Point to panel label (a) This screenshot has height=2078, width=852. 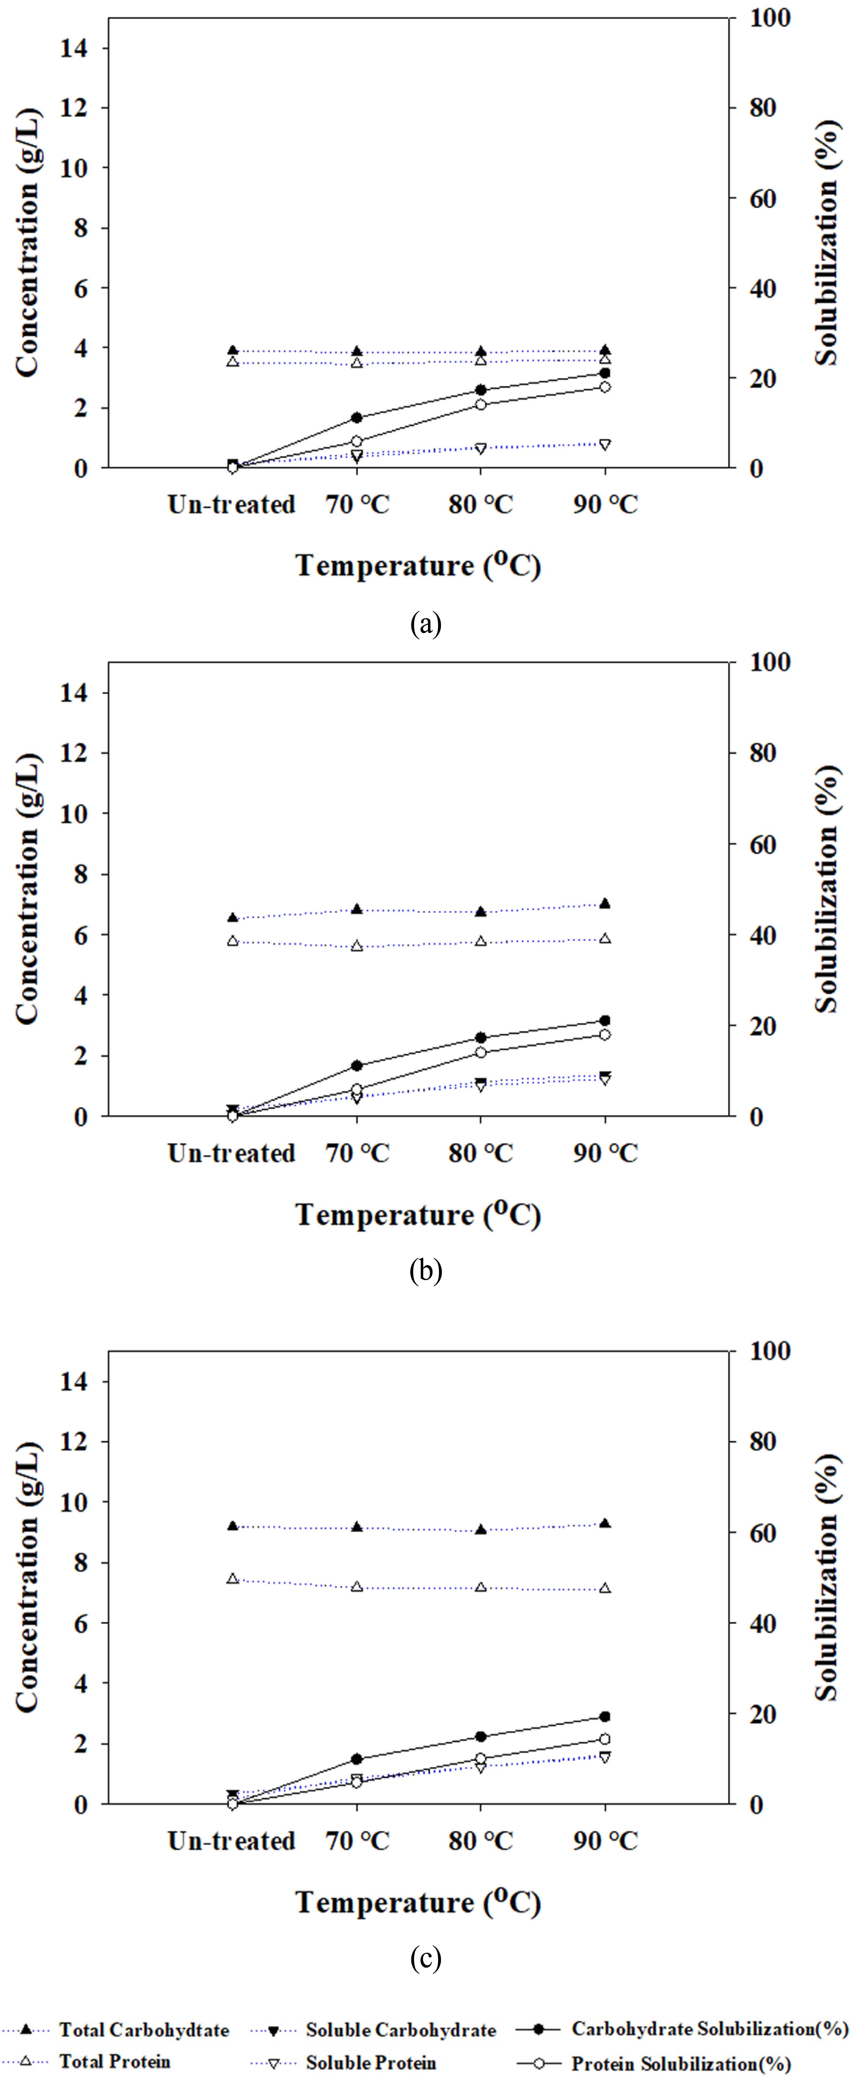(426, 623)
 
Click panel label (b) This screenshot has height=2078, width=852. (426, 1271)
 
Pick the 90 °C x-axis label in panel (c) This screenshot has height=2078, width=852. (605, 1842)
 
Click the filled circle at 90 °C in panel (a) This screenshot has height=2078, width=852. (605, 373)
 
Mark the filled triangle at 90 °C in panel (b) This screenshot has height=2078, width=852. (605, 903)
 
